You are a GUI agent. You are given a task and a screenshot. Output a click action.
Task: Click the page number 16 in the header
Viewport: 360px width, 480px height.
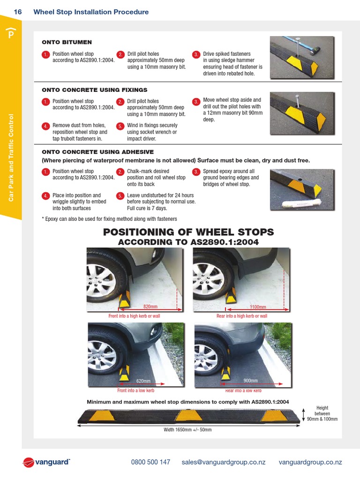18,12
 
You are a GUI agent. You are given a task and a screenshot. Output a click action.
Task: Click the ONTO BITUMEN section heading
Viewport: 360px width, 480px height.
60,42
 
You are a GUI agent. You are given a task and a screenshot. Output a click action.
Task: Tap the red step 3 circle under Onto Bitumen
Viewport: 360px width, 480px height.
196,55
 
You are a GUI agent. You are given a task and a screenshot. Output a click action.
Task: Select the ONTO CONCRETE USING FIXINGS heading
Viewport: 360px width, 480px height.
95,90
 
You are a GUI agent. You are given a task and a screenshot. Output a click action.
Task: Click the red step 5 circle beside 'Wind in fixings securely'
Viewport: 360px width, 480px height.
120,126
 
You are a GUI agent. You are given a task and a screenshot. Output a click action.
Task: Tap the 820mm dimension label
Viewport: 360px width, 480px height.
150,307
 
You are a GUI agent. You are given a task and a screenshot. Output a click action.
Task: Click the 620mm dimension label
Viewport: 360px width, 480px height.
143,381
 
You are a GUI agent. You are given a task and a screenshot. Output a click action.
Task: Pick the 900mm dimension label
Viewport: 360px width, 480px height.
251,381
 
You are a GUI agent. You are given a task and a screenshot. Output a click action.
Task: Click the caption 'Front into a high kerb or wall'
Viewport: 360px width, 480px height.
134,316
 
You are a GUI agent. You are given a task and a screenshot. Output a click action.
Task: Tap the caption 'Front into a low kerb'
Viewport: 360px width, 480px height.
135,390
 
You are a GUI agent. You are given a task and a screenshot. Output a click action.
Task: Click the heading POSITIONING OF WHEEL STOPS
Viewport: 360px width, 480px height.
188,232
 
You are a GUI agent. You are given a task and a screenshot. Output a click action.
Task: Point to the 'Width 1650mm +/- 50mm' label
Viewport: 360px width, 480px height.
188,430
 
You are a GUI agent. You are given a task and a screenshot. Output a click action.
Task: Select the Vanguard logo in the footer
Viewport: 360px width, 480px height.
46,463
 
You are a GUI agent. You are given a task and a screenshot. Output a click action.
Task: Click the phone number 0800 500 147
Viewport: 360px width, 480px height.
150,462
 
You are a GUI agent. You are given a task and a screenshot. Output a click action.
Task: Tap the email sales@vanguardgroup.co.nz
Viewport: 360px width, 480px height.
224,462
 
